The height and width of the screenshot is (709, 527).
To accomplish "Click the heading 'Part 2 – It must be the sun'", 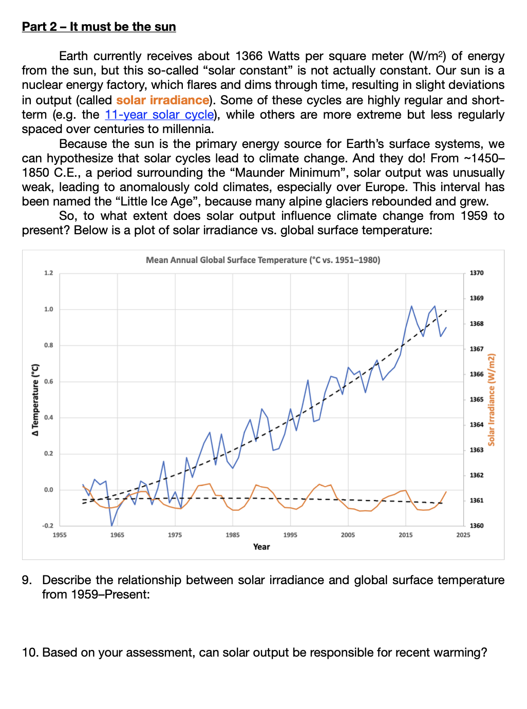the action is point(99,27).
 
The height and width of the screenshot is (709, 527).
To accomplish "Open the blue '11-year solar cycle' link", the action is point(159,115).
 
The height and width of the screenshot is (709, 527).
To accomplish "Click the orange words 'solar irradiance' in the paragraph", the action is point(163,100).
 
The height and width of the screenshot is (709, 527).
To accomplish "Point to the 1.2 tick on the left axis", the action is point(49,273).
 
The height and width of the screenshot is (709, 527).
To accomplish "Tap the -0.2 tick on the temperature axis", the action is point(48,526).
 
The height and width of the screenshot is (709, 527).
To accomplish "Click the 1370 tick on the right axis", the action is point(477,273).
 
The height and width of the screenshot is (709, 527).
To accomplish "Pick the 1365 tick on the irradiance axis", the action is point(477,400).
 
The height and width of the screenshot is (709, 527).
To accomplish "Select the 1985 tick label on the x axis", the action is point(233,535).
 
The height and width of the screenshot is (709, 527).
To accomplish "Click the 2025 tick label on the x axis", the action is point(463,535).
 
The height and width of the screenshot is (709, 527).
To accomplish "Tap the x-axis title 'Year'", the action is point(261,547).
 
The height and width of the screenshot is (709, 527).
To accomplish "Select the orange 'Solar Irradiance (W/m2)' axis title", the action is point(492,400).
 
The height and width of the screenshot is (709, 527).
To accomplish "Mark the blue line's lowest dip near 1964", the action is point(111,526).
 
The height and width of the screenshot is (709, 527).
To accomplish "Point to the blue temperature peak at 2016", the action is point(411,306).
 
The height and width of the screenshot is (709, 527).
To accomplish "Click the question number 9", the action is point(26,580).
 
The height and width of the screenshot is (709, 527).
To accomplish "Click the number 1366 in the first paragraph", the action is point(249,56).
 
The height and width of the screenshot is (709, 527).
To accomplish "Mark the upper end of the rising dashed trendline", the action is point(446,310).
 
